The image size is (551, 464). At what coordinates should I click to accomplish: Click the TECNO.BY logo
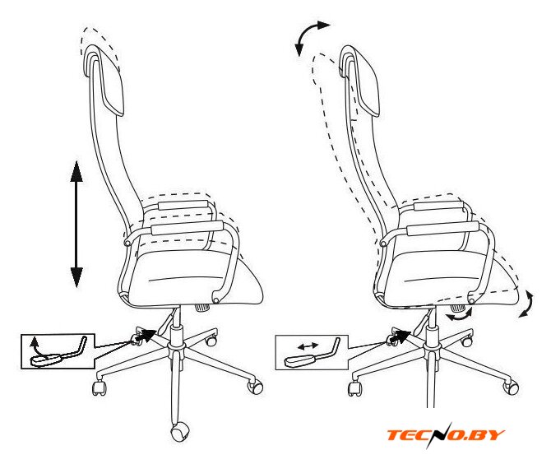click(446, 435)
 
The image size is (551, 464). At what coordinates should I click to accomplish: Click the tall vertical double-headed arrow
click(76, 224)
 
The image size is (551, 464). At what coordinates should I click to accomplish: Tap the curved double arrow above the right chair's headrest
click(310, 37)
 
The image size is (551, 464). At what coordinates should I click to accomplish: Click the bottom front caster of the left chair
click(180, 433)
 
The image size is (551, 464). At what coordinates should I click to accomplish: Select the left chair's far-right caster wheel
click(256, 387)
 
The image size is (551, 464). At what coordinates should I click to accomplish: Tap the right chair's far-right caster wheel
click(511, 387)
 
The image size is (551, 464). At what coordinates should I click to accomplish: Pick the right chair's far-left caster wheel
click(355, 388)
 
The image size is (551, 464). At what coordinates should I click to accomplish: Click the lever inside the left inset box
click(58, 352)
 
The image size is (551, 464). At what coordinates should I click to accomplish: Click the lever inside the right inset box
click(313, 353)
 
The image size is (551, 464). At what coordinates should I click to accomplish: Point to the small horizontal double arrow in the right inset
click(308, 346)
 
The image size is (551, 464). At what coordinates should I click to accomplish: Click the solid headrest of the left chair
click(104, 80)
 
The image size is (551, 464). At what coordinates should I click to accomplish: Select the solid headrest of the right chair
click(359, 81)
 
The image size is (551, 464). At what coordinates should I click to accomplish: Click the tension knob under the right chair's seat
click(457, 308)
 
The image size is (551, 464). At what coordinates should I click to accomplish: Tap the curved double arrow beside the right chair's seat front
click(527, 304)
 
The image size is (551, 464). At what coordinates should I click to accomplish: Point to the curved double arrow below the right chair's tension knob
click(460, 315)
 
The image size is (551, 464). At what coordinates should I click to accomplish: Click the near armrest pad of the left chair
click(187, 228)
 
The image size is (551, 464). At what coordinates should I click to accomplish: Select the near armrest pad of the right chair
click(442, 229)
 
